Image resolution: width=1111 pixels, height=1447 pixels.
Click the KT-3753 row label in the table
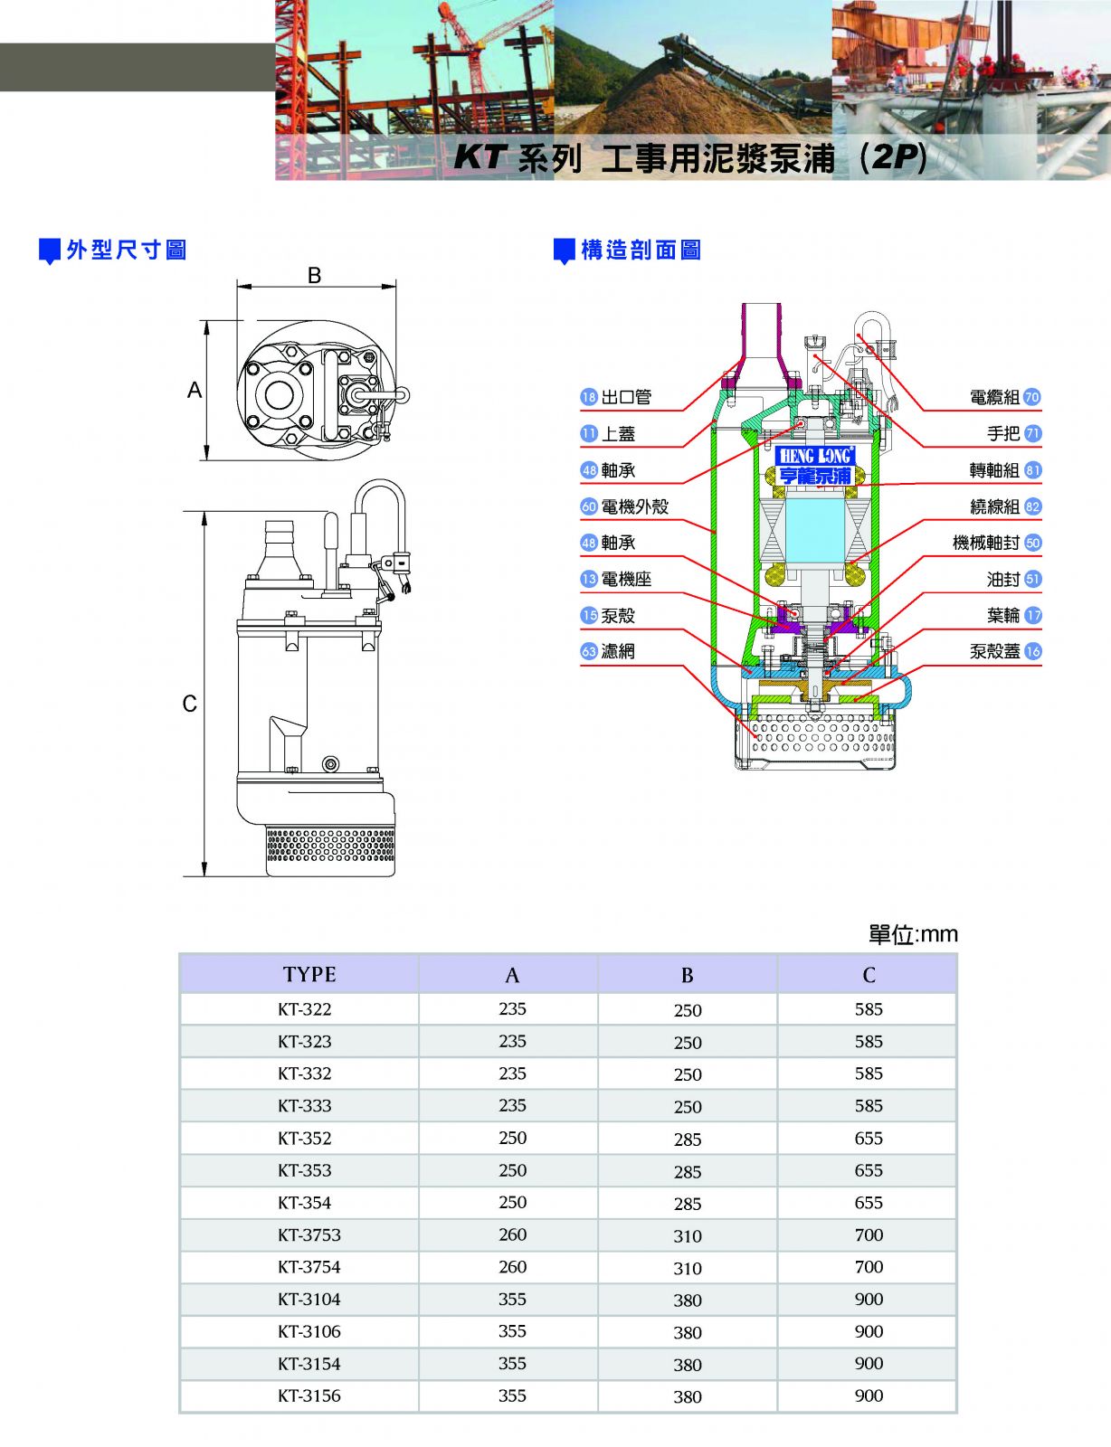coord(309,1234)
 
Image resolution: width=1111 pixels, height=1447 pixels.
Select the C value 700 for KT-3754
coord(869,1267)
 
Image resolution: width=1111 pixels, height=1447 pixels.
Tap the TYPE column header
coord(309,974)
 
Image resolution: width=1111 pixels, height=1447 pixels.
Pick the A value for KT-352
coord(512,1138)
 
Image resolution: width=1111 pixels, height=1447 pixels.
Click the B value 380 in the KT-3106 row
coord(688,1332)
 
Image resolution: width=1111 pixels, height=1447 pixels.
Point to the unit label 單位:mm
coord(912,934)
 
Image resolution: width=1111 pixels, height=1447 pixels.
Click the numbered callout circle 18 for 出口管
coord(589,397)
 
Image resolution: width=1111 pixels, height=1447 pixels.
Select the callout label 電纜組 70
coord(1004,397)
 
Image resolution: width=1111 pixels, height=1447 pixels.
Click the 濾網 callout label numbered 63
coord(608,651)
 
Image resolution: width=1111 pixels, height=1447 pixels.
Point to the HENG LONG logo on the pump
coord(815,456)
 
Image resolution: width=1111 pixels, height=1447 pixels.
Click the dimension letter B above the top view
coord(315,275)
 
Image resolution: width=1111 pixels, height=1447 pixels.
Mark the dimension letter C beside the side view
coord(189,704)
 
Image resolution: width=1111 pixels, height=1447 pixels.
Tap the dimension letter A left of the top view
coord(195,390)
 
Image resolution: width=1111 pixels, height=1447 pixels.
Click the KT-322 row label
coord(304,1009)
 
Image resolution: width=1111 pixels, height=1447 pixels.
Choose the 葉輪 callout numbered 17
coord(1013,615)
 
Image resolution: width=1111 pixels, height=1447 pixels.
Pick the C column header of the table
coord(869,974)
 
